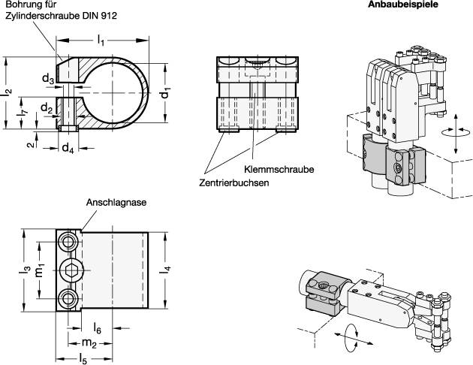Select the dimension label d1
pyautogui.click(x=167, y=94)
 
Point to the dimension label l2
pyautogui.click(x=8, y=92)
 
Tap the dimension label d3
pyautogui.click(x=47, y=78)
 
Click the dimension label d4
pyautogui.click(x=68, y=146)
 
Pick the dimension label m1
pyautogui.click(x=42, y=269)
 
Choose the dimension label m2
pyautogui.click(x=89, y=342)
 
